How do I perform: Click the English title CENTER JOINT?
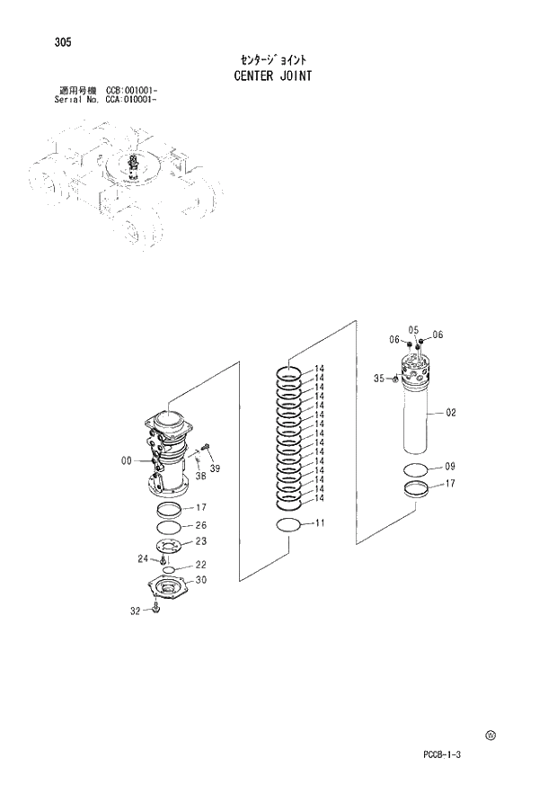tap(272, 76)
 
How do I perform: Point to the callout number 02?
tap(451, 413)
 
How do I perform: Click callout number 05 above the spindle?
tap(414, 329)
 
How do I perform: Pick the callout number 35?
tap(379, 379)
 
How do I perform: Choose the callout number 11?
tap(319, 522)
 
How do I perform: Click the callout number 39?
tap(215, 468)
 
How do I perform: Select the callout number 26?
tap(201, 525)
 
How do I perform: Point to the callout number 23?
tap(201, 541)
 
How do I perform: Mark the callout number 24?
tap(142, 558)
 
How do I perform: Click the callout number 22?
tap(201, 565)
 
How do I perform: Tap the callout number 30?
tap(201, 580)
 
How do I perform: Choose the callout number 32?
tap(136, 611)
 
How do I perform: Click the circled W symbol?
tap(491, 736)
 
